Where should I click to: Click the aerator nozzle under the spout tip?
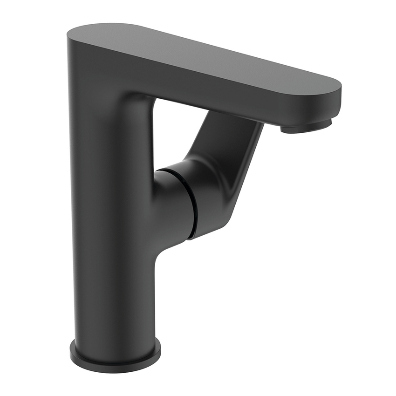pos(307,127)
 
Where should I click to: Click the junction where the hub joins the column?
pos(156,210)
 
